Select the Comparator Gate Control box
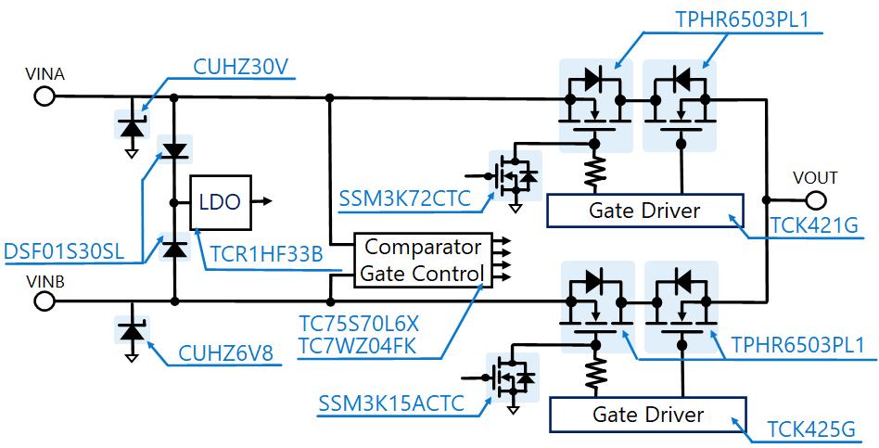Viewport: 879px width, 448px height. [422, 261]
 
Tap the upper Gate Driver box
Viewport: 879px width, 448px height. [644, 211]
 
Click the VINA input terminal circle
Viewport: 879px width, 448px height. [43, 96]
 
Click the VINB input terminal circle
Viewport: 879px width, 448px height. [43, 301]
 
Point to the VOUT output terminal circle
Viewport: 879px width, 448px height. [816, 199]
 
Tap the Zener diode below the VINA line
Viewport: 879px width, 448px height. [132, 123]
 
